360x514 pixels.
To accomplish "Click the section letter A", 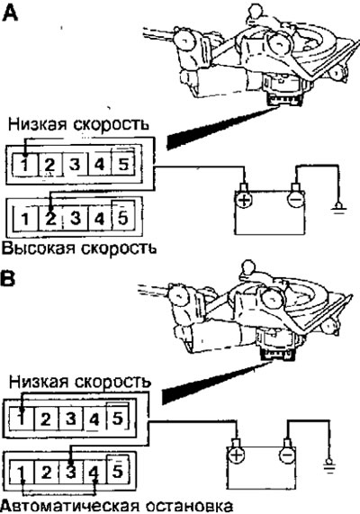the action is click(10, 13).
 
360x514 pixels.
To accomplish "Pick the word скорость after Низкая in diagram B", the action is click(112, 383).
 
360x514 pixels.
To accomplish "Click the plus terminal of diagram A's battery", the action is click(243, 199).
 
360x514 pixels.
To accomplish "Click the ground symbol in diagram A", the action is click(338, 209).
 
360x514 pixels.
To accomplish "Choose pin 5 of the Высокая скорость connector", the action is click(122, 217).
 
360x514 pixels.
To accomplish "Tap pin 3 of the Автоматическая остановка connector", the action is click(71, 472).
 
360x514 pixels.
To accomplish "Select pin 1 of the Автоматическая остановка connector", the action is click(22, 473).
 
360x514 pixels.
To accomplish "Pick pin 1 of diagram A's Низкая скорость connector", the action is click(25, 164).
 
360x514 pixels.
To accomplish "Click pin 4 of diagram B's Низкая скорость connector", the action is click(94, 419).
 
